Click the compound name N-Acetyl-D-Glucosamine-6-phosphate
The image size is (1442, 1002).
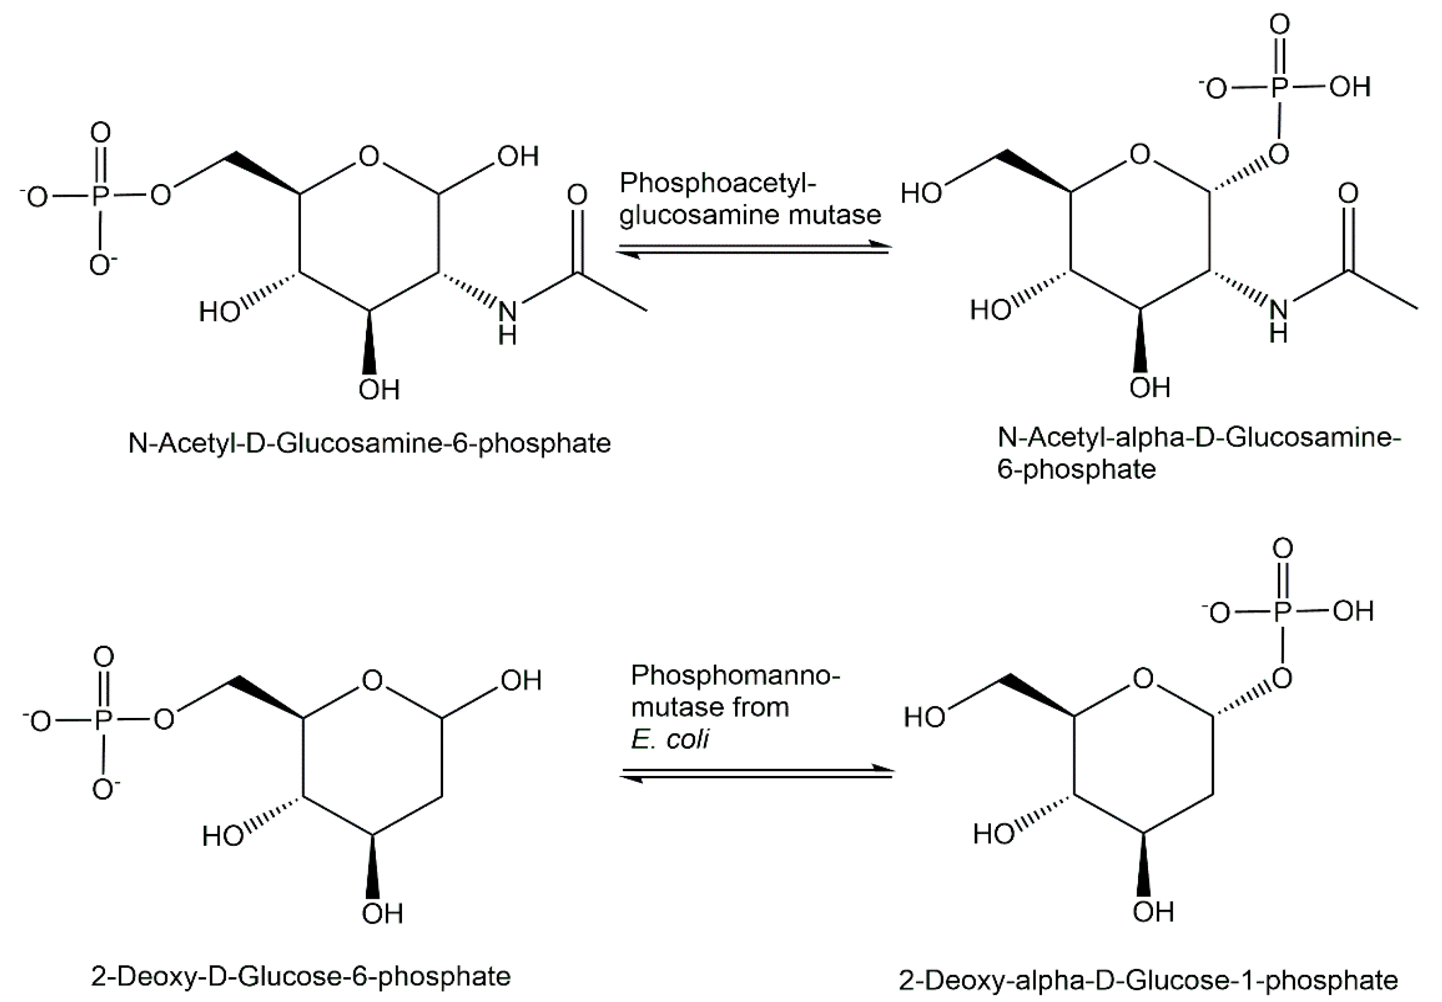[x=369, y=443]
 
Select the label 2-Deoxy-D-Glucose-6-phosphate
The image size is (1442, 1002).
[x=301, y=976]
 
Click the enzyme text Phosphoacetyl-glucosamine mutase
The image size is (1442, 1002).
[x=750, y=199]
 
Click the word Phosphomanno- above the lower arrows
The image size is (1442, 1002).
[x=735, y=676]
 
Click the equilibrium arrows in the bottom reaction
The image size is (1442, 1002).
[x=756, y=773]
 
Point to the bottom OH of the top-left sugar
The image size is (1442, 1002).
[x=379, y=390]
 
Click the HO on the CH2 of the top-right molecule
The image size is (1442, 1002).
[x=921, y=193]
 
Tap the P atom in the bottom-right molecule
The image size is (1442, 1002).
[x=1282, y=611]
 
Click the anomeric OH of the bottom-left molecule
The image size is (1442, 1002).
[x=520, y=681]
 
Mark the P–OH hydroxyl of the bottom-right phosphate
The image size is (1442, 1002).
[x=1353, y=611]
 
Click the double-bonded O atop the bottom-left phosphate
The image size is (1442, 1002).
[x=104, y=657]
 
